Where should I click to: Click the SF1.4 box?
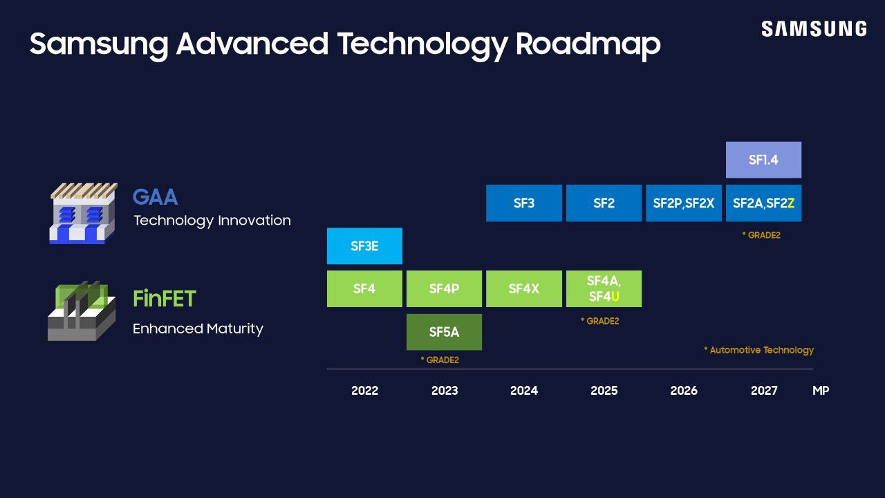(763, 160)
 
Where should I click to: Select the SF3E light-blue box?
(364, 246)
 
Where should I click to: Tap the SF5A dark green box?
(444, 332)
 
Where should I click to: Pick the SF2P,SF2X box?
(683, 203)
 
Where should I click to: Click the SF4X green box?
(523, 288)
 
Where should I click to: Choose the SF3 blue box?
(523, 203)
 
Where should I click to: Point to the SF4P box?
(444, 288)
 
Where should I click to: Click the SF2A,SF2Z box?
(763, 203)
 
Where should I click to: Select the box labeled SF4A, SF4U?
(604, 288)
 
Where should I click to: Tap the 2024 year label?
(523, 391)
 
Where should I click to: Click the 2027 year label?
(763, 391)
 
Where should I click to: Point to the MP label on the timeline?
(820, 391)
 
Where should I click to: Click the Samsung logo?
(814, 29)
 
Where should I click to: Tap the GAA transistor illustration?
(83, 213)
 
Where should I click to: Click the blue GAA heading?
(155, 197)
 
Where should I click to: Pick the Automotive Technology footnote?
(758, 350)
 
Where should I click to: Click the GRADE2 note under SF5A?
(440, 360)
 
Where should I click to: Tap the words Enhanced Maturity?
(198, 329)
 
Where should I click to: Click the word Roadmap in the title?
(588, 44)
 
